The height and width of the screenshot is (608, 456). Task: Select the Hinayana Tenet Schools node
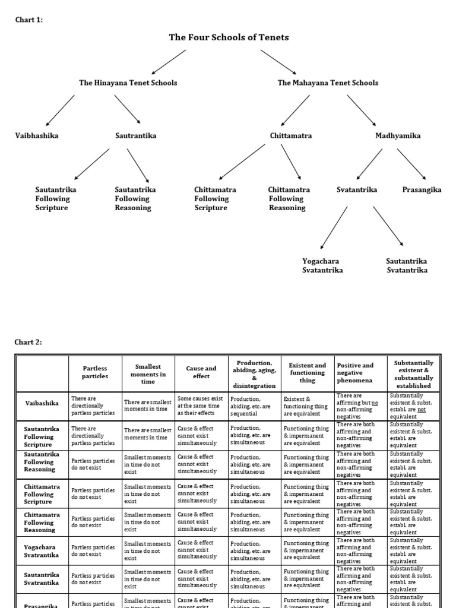(x=128, y=83)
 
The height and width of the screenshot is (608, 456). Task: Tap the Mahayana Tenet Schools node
(x=328, y=83)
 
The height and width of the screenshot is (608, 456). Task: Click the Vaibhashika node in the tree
(x=37, y=136)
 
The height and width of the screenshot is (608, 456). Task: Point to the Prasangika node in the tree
(x=422, y=190)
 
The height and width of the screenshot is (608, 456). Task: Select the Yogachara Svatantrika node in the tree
(x=322, y=266)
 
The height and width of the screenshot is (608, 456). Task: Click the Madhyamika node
(x=398, y=136)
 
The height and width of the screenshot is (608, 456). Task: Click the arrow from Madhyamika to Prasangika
(x=411, y=164)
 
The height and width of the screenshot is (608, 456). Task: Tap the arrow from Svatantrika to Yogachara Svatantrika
(x=333, y=227)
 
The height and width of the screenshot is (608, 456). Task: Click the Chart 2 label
(x=28, y=342)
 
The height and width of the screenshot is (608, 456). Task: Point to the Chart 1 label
(x=28, y=20)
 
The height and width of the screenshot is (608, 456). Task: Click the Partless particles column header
(x=95, y=372)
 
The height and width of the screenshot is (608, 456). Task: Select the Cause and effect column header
(x=201, y=372)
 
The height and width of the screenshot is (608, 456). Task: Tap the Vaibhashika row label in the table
(x=42, y=403)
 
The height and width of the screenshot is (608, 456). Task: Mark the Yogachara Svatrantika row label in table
(x=42, y=550)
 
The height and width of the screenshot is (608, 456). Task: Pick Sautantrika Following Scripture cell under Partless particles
(x=95, y=435)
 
